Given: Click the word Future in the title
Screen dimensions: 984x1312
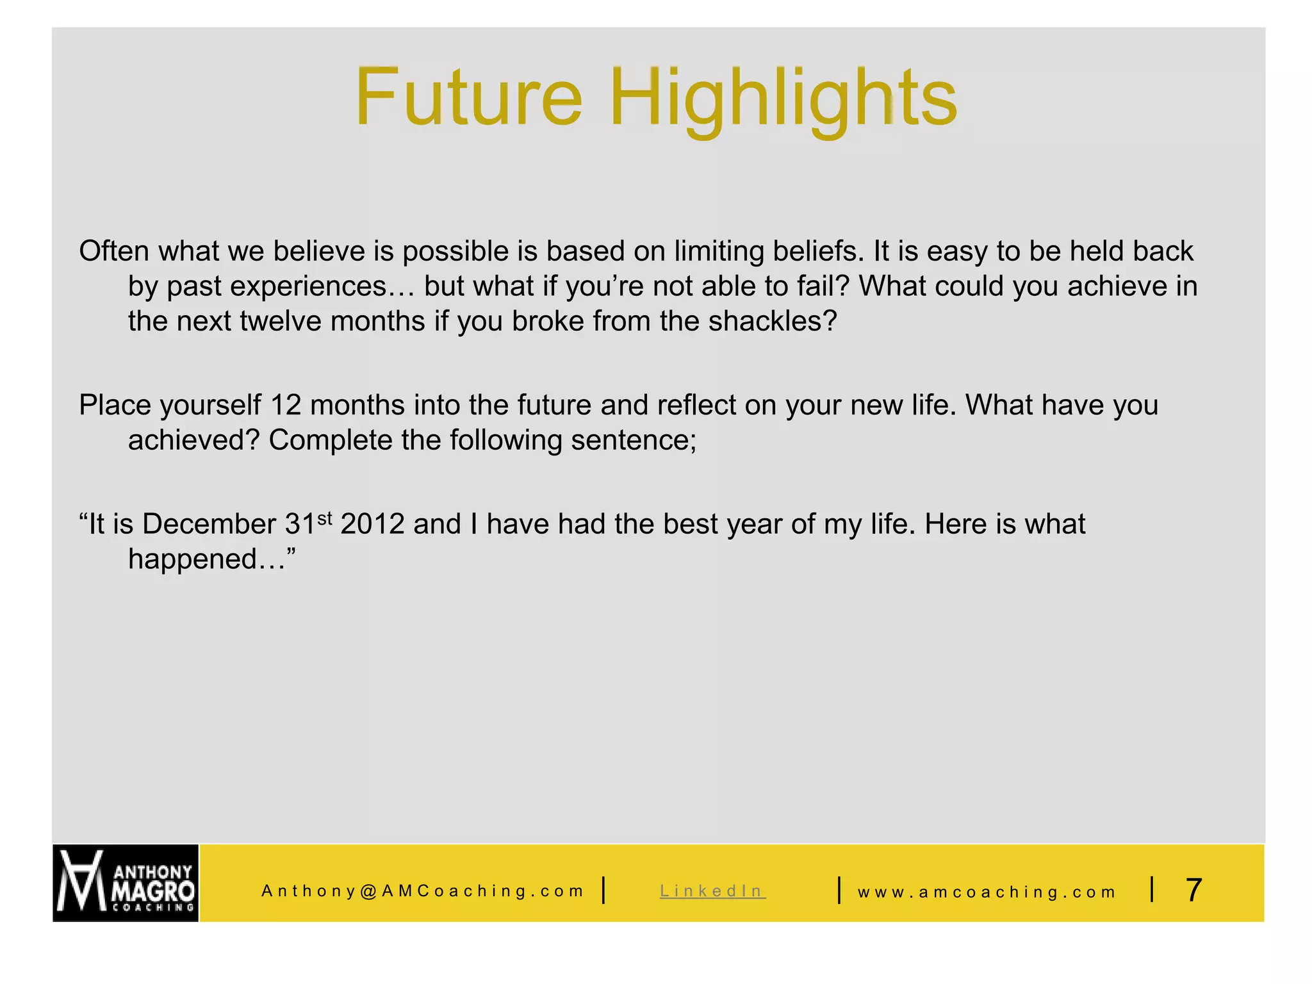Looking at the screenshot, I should click(468, 97).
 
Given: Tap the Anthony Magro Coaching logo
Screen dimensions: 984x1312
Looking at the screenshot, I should click(126, 883).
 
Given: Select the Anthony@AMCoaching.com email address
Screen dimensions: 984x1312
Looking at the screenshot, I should click(422, 891).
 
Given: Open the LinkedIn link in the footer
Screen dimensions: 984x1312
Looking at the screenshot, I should click(712, 891).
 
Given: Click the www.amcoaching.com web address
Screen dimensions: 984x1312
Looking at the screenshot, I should click(987, 892).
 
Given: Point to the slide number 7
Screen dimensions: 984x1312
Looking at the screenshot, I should click(1193, 890).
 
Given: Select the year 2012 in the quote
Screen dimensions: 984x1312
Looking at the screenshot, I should click(372, 525).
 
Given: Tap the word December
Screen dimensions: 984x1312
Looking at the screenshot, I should click(209, 525).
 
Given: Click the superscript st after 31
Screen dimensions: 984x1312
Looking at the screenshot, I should click(325, 517).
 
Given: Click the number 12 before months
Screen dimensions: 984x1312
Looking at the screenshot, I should click(286, 406).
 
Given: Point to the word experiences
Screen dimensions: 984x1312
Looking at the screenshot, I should click(308, 287).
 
